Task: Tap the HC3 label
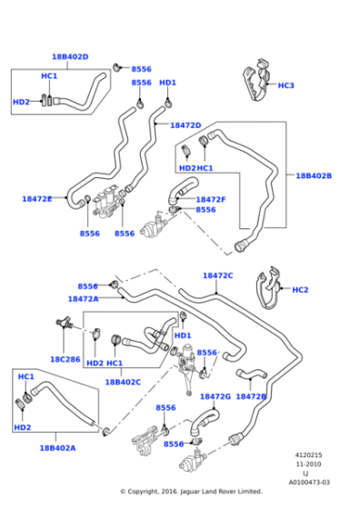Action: coord(285,85)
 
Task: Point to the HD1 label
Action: coord(167,83)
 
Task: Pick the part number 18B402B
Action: coord(314,175)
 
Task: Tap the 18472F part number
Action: coord(210,199)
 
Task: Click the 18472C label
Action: coord(217,275)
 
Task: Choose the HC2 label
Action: coord(300,290)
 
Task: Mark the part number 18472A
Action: coord(83,298)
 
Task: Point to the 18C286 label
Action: coord(66,359)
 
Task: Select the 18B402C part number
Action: coord(122,383)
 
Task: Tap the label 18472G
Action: coord(215,396)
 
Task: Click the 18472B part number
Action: coord(250,396)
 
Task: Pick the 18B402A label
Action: coord(57,448)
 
